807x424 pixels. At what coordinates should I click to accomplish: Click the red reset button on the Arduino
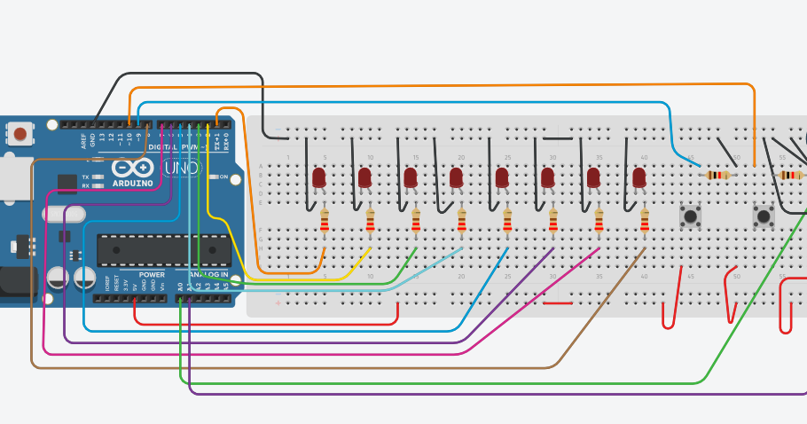[20, 134]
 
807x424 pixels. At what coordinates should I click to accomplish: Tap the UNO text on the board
[182, 168]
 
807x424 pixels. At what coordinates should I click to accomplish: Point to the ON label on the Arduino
[223, 177]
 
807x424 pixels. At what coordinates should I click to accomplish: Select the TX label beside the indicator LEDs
[85, 177]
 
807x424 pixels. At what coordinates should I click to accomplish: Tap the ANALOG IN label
[206, 275]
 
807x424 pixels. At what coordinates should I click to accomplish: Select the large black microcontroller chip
[163, 250]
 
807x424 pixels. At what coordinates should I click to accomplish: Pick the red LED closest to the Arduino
[319, 177]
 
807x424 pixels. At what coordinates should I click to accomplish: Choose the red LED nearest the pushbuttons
[639, 177]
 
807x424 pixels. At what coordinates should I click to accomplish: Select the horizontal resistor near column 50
[717, 175]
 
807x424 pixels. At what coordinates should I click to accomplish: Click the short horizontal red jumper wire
[557, 303]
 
